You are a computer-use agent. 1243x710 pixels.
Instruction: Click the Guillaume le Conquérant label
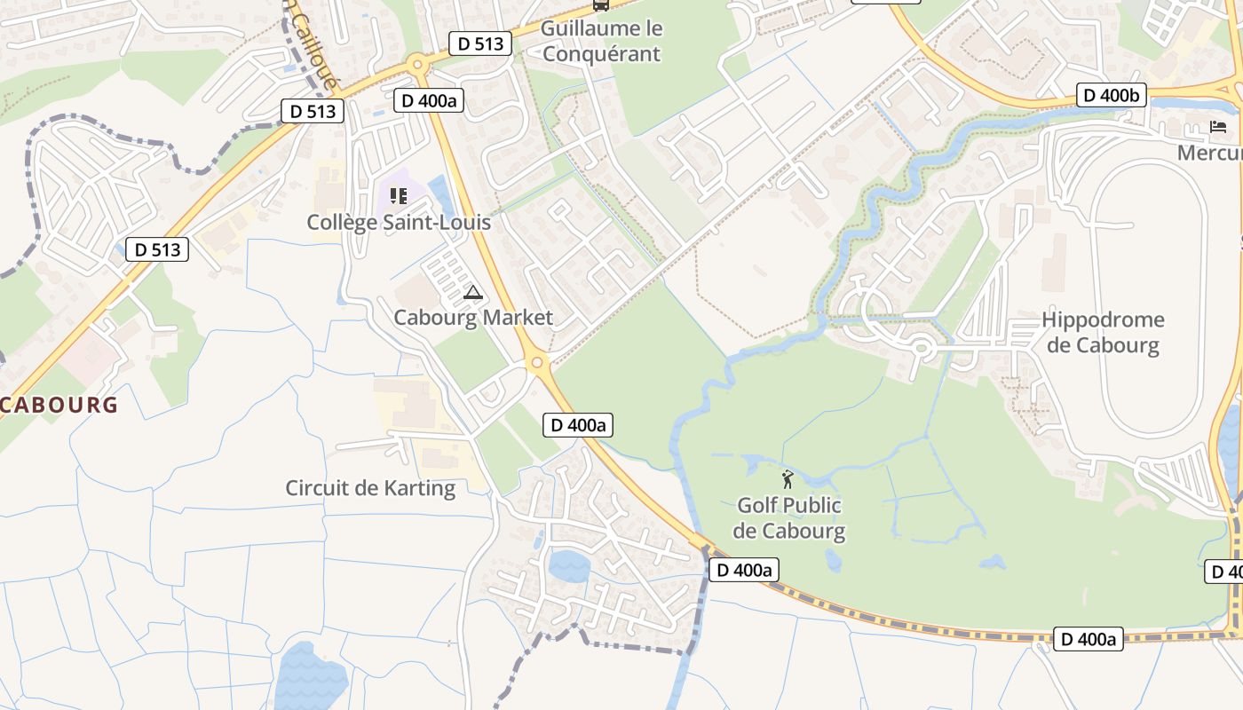click(x=601, y=41)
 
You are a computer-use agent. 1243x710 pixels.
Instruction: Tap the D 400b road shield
click(x=1112, y=95)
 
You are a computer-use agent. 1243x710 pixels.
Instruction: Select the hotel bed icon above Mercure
click(x=1218, y=127)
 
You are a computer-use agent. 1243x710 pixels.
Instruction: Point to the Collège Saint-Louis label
click(x=399, y=222)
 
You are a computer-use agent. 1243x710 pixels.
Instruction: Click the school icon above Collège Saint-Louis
click(x=398, y=195)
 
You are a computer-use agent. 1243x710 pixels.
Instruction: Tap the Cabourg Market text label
click(x=473, y=318)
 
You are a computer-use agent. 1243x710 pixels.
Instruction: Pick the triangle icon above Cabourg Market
click(x=472, y=293)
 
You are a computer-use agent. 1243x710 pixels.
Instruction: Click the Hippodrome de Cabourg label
click(x=1103, y=332)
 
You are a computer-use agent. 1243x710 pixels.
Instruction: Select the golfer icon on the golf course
click(x=788, y=480)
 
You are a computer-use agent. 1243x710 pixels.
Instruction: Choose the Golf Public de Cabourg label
click(x=790, y=518)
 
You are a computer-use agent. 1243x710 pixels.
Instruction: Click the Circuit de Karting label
click(x=370, y=488)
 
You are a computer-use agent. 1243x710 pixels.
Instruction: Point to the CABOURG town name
click(x=59, y=406)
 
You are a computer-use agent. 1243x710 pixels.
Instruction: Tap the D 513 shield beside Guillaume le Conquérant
click(x=481, y=43)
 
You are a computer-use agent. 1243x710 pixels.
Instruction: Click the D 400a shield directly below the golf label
click(x=744, y=570)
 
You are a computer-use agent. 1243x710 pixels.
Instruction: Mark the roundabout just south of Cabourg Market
click(x=535, y=362)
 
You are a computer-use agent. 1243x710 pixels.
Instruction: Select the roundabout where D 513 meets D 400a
click(x=416, y=63)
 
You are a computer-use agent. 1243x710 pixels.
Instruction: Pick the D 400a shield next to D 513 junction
click(x=429, y=100)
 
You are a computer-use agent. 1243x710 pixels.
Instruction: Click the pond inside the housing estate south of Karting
click(x=569, y=565)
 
